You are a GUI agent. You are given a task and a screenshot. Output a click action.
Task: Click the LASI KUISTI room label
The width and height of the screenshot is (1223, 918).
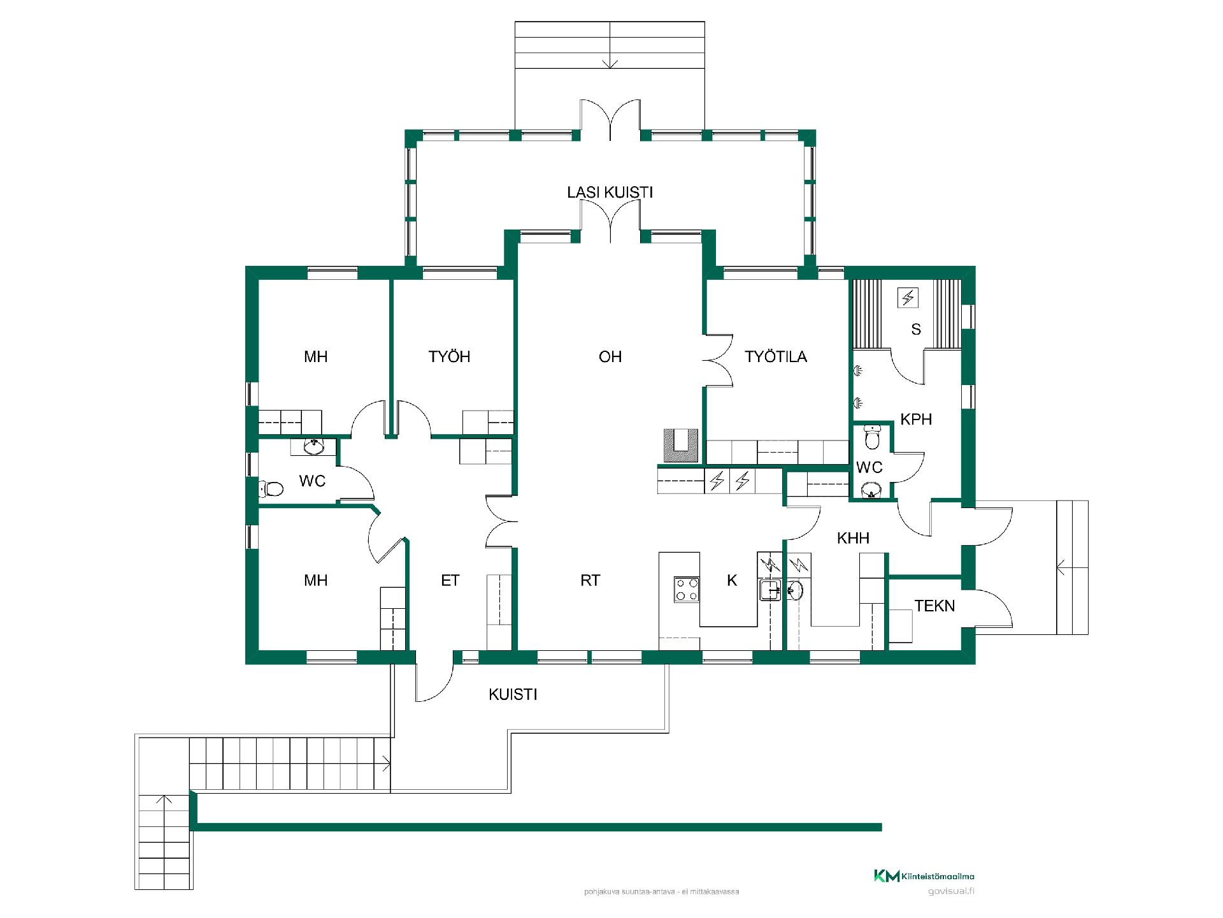[610, 193]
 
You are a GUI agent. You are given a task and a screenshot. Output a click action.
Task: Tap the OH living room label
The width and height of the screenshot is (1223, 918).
[610, 356]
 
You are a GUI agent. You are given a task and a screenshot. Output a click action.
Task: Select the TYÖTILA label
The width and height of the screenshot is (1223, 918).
[776, 356]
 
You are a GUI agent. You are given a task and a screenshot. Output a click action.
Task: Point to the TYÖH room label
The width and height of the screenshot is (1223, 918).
[450, 356]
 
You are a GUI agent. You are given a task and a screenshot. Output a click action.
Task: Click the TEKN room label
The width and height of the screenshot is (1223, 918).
[935, 606]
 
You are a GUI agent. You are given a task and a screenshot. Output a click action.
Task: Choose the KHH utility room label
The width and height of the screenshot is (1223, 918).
[853, 538]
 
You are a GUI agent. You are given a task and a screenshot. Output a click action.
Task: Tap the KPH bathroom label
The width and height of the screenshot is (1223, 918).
[916, 419]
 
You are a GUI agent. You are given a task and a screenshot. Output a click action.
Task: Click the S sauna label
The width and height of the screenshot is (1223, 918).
[916, 329]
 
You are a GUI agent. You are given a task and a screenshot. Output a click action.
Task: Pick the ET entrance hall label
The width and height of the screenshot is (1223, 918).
[450, 580]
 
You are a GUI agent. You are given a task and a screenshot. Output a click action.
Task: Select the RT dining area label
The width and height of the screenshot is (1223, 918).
[590, 580]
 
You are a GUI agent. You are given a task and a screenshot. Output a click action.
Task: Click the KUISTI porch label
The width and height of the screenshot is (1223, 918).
[513, 694]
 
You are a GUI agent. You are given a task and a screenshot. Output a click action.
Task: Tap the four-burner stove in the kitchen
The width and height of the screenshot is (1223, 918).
[687, 589]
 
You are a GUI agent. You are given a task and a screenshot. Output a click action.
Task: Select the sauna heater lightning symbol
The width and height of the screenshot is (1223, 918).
[908, 297]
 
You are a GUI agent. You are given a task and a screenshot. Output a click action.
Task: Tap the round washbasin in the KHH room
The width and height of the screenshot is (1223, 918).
[794, 591]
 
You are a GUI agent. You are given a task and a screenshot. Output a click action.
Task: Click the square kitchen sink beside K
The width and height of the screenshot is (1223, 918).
[771, 590]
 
